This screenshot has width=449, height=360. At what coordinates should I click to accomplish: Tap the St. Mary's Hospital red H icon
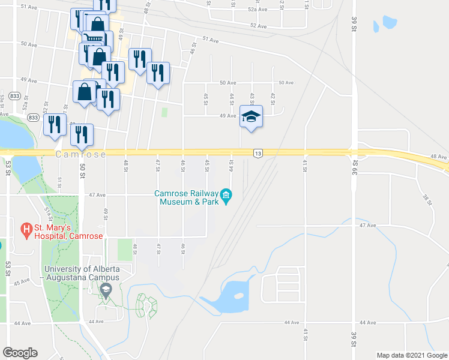click(x=26, y=229)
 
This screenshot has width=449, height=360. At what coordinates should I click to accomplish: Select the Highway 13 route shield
click(x=258, y=154)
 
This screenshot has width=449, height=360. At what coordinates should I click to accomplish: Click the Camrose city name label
click(x=81, y=154)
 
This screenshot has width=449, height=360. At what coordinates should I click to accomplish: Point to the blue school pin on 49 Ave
click(x=251, y=116)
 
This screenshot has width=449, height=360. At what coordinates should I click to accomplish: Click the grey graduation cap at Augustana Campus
click(x=106, y=291)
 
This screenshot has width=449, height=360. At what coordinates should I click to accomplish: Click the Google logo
click(x=20, y=353)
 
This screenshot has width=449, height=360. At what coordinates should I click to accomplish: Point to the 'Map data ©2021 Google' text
click(x=411, y=355)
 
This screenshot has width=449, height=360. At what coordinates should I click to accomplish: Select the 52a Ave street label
click(x=257, y=10)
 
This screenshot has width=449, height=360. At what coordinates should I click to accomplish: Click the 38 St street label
click(x=427, y=199)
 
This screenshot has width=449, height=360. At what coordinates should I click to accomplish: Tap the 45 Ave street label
click(x=22, y=281)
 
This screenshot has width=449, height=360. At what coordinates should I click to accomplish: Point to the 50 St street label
click(x=82, y=172)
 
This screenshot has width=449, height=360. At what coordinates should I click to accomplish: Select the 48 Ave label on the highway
click(x=439, y=157)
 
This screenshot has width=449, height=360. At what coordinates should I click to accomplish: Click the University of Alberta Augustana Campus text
click(x=82, y=273)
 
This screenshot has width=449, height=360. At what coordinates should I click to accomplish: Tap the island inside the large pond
click(x=238, y=296)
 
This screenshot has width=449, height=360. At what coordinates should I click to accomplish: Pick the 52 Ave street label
click(x=258, y=26)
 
